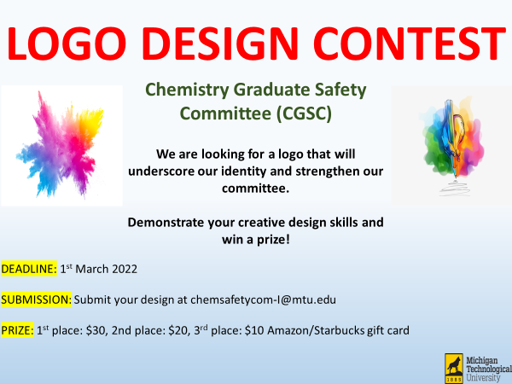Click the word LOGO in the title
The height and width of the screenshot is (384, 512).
[x=67, y=44]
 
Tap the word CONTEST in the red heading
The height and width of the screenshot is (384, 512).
[x=410, y=44]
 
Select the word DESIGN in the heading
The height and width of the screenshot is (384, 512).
[x=220, y=44]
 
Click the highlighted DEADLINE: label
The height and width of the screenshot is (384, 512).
[x=29, y=269]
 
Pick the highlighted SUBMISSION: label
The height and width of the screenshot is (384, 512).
[x=36, y=300]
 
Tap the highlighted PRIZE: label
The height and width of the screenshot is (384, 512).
[x=17, y=330]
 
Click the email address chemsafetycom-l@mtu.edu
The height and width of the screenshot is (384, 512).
[x=263, y=300]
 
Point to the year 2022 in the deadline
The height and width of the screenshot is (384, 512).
[x=125, y=269]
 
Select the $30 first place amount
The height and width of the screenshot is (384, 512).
[x=96, y=330]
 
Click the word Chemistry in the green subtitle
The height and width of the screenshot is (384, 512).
[x=187, y=90]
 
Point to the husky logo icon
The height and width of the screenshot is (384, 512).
[x=454, y=369]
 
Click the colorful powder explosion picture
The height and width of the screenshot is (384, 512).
[x=61, y=146]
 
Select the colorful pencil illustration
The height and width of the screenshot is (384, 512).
[x=451, y=146]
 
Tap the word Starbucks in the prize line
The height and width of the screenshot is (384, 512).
[x=340, y=330]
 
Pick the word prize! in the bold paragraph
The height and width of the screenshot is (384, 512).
[x=273, y=240]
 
